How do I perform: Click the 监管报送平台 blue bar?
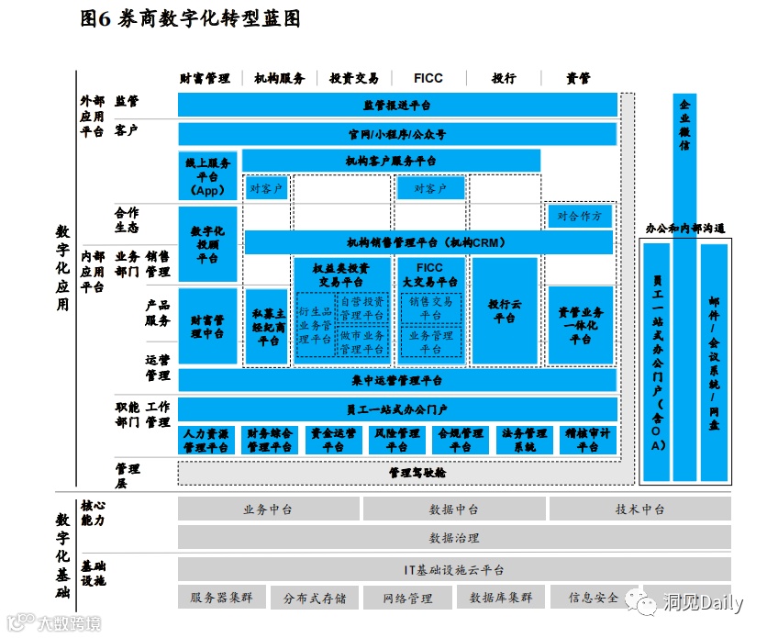pos(396,106)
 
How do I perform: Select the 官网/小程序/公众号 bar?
pos(396,134)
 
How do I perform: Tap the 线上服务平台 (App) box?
pos(207,176)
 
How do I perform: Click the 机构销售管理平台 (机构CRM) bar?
pos(428,242)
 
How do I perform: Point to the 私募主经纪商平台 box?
pos(268,327)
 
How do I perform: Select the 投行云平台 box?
pos(504,311)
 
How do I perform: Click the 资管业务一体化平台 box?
pos(580,325)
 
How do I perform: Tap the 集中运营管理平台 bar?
pos(396,380)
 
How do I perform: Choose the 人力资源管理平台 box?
pos(207,441)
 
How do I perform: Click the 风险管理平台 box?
pos(396,441)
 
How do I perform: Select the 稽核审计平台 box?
pos(587,441)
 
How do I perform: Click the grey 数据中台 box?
pos(453,509)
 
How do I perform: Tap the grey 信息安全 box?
pos(594,598)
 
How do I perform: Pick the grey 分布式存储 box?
pos(315,598)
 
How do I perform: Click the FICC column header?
pos(428,79)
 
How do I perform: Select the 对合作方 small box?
pos(580,217)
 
